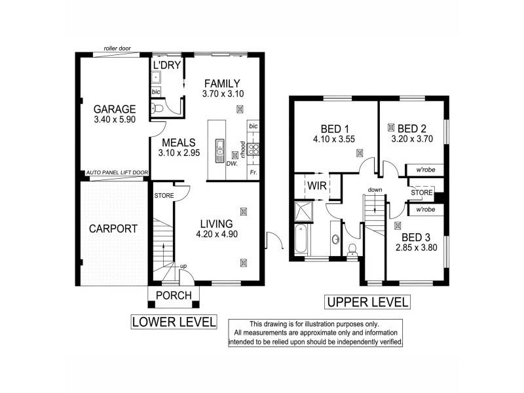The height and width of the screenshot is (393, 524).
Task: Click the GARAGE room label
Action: click(x=114, y=109)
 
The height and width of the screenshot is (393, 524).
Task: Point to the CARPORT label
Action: click(x=113, y=229)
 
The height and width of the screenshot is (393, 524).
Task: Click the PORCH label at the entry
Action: click(x=174, y=296)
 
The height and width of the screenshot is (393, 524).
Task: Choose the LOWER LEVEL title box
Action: click(x=174, y=322)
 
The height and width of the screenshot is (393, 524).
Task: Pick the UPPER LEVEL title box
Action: click(x=367, y=302)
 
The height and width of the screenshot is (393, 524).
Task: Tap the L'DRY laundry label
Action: click(x=166, y=65)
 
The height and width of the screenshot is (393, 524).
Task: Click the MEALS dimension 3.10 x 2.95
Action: click(x=180, y=153)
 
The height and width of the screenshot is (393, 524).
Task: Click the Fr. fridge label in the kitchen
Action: click(x=253, y=172)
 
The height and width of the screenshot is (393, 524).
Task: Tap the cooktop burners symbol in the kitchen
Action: click(x=253, y=149)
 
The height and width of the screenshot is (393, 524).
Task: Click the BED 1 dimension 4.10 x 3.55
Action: click(x=334, y=140)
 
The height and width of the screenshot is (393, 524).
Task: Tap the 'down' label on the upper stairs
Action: click(x=375, y=190)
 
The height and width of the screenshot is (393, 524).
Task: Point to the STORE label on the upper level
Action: click(x=422, y=193)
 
